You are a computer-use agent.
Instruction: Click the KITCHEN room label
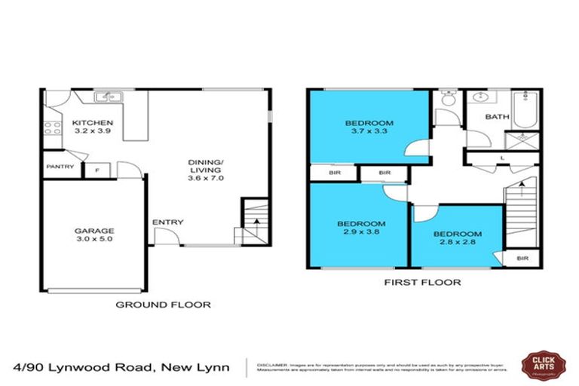(x=92, y=123)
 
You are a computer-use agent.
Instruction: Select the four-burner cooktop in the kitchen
(x=52, y=127)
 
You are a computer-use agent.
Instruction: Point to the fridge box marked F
(x=96, y=169)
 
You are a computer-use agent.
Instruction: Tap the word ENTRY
(x=167, y=222)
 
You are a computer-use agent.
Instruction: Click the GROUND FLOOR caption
(x=162, y=305)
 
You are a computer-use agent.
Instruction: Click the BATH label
(x=496, y=117)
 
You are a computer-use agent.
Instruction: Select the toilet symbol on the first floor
(x=449, y=100)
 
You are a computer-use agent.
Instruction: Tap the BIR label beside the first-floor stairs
(x=522, y=259)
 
